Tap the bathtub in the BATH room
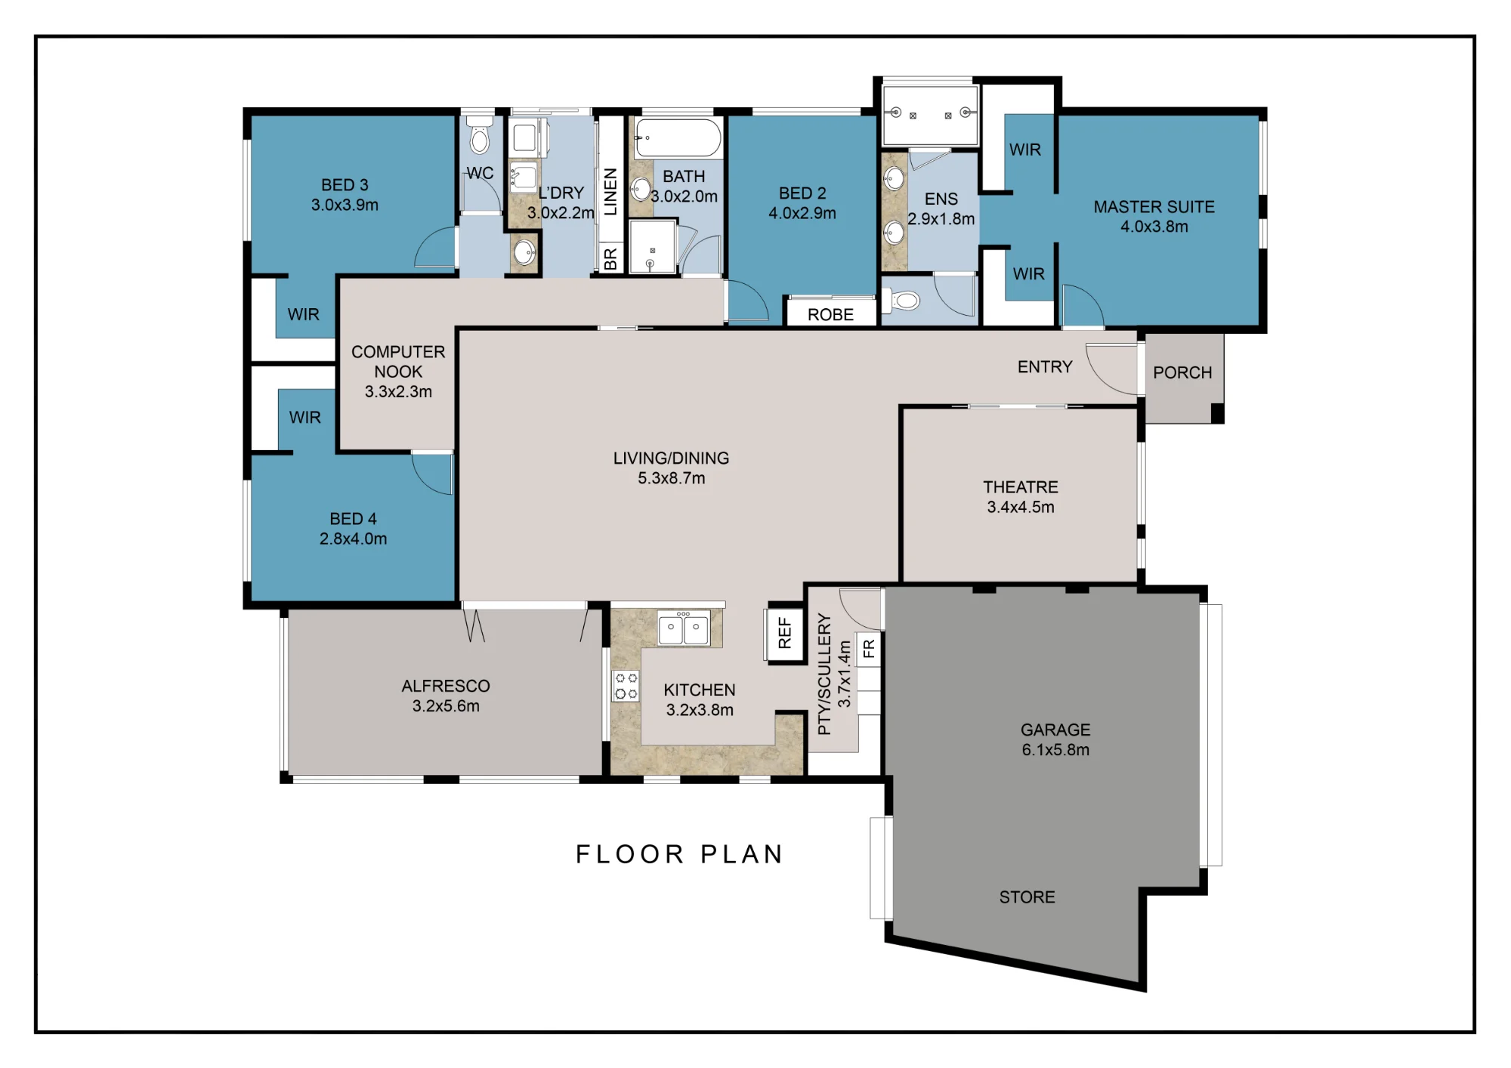click(x=678, y=138)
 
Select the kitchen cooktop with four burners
click(x=626, y=686)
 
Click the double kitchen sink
click(x=683, y=629)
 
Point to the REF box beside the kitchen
click(x=785, y=633)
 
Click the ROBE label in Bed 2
click(x=830, y=314)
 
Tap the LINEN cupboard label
click(x=610, y=192)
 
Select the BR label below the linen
click(x=610, y=259)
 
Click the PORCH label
click(x=1182, y=372)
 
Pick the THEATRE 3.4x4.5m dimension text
click(x=1021, y=507)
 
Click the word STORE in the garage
click(x=1027, y=897)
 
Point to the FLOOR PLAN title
click(x=679, y=854)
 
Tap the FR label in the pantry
click(x=869, y=648)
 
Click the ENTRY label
click(x=1045, y=366)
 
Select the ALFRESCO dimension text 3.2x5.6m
click(x=446, y=705)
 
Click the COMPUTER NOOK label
click(x=398, y=362)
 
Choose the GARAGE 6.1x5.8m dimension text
click(x=1055, y=749)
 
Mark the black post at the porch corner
click(x=1217, y=413)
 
